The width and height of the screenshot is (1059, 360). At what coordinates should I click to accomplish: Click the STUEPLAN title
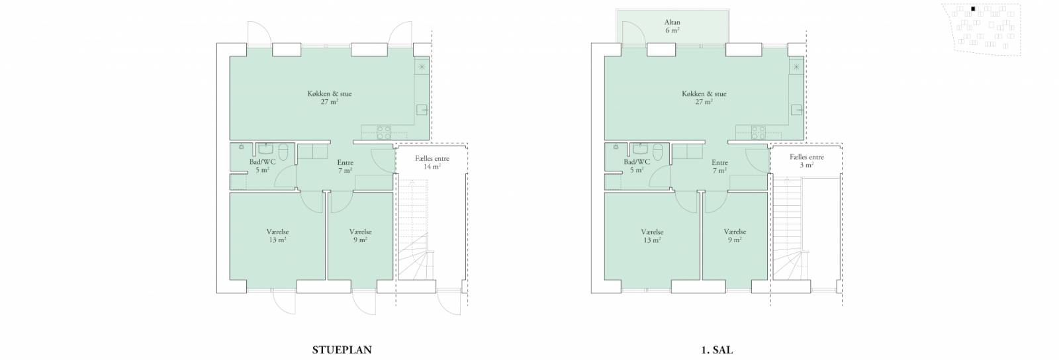342,350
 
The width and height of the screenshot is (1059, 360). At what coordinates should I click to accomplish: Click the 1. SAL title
717,350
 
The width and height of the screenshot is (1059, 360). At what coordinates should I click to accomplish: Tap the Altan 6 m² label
672,26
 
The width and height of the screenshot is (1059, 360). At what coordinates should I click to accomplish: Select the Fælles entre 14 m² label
432,163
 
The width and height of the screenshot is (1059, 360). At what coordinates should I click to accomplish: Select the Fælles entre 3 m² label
807,161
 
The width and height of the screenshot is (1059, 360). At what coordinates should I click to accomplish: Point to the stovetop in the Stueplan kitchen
383,132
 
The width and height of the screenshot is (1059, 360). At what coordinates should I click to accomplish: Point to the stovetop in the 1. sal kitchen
758,132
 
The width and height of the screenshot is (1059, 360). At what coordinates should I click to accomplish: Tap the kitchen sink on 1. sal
797,110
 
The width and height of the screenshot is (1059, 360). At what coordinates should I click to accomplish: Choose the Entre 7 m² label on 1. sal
719,166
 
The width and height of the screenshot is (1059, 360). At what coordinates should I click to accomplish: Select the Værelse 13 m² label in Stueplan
277,236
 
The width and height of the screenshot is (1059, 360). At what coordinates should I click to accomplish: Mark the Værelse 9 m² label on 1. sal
735,236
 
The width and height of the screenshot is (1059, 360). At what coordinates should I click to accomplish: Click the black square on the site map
973,9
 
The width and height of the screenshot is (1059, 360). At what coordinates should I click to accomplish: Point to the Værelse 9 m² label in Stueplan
360,236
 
